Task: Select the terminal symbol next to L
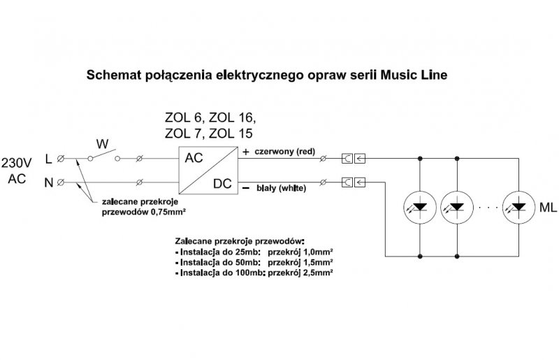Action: [x=61, y=159]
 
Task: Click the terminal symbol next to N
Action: [x=61, y=182]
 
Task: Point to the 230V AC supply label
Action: [x=17, y=171]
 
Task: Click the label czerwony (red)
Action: [x=285, y=152]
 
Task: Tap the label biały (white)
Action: [x=282, y=188]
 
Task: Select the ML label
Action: [x=548, y=208]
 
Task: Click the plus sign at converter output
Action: [x=246, y=152]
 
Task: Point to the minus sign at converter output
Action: [x=246, y=187]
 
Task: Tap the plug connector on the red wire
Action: [x=354, y=159]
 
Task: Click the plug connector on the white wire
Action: [x=354, y=182]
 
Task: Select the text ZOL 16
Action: [x=231, y=117]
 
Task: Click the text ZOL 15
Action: [x=231, y=134]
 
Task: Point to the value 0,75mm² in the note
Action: [x=168, y=212]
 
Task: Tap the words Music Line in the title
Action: [x=414, y=75]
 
